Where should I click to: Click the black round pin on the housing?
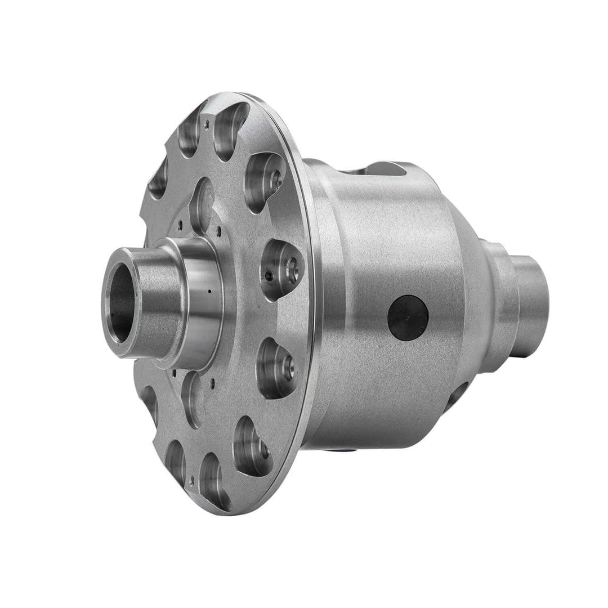click(x=408, y=318)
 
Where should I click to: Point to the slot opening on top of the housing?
click(x=383, y=168)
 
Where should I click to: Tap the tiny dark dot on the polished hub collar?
click(x=208, y=292)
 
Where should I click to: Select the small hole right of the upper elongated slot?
click(x=218, y=229)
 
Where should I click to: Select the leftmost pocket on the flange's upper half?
click(x=158, y=178)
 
